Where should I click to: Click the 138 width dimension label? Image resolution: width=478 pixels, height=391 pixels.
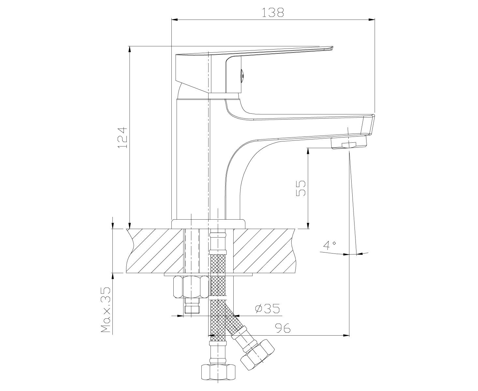coord(273,12)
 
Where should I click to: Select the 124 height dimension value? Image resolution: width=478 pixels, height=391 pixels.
coord(123,138)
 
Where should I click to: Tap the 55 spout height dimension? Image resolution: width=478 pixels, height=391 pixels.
coord(301,188)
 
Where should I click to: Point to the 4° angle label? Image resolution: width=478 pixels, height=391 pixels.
coord(329,245)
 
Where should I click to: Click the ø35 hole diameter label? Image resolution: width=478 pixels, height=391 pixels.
coord(268,309)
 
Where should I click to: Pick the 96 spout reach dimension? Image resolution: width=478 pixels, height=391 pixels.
coord(282,328)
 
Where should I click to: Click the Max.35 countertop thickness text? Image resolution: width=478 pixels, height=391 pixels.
coord(106,310)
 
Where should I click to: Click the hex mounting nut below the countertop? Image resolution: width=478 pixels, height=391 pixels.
coord(191,287)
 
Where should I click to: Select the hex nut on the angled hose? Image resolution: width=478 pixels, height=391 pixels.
coord(258,356)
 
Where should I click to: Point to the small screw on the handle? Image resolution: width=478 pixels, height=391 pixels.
coord(242,74)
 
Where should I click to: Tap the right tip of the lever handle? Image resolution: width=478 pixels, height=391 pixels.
coord(334,47)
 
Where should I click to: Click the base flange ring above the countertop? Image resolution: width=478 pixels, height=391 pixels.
coord(208,224)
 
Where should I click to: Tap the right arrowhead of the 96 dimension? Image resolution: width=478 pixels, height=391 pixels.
coord(346,335)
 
